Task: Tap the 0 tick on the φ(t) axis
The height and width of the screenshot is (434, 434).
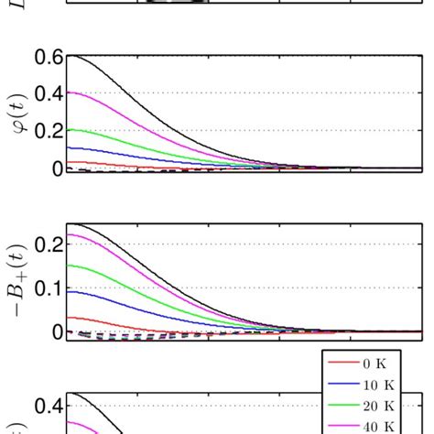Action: (x=57, y=168)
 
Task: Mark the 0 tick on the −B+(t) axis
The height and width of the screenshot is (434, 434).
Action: (x=57, y=331)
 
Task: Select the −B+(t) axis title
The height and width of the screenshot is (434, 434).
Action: (x=17, y=279)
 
